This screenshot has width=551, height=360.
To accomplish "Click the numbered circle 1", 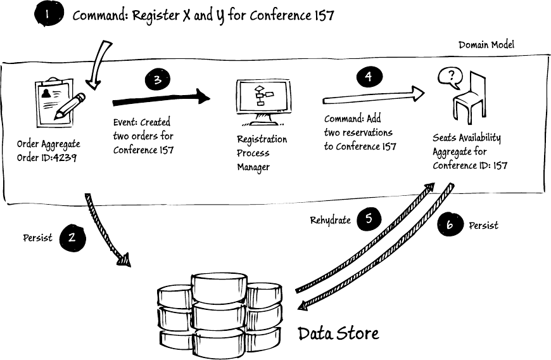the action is (x=49, y=14).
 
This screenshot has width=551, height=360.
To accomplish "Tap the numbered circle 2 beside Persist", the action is (x=72, y=238).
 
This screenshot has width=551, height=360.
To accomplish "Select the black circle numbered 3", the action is (x=158, y=80).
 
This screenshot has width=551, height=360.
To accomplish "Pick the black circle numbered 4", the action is (x=369, y=77).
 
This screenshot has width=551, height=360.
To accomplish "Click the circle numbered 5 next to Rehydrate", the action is (x=369, y=219).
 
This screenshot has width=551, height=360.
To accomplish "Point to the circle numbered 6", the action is (x=450, y=224).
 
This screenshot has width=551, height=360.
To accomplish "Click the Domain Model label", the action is (x=486, y=44).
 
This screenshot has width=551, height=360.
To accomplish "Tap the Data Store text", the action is (x=338, y=333).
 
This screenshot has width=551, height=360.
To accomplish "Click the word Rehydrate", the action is (x=331, y=221).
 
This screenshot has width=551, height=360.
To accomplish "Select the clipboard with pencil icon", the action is (x=60, y=103).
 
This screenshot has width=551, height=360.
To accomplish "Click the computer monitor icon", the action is (x=263, y=102).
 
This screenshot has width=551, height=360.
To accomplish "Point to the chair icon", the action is (x=469, y=98).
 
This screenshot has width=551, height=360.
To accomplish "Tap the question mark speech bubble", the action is (x=450, y=78).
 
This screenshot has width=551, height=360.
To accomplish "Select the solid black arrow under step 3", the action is (x=161, y=98).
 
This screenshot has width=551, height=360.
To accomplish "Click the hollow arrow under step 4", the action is (x=374, y=96).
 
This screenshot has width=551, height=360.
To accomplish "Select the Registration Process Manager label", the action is (x=262, y=153).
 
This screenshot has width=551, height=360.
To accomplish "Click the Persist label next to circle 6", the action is (x=483, y=226).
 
